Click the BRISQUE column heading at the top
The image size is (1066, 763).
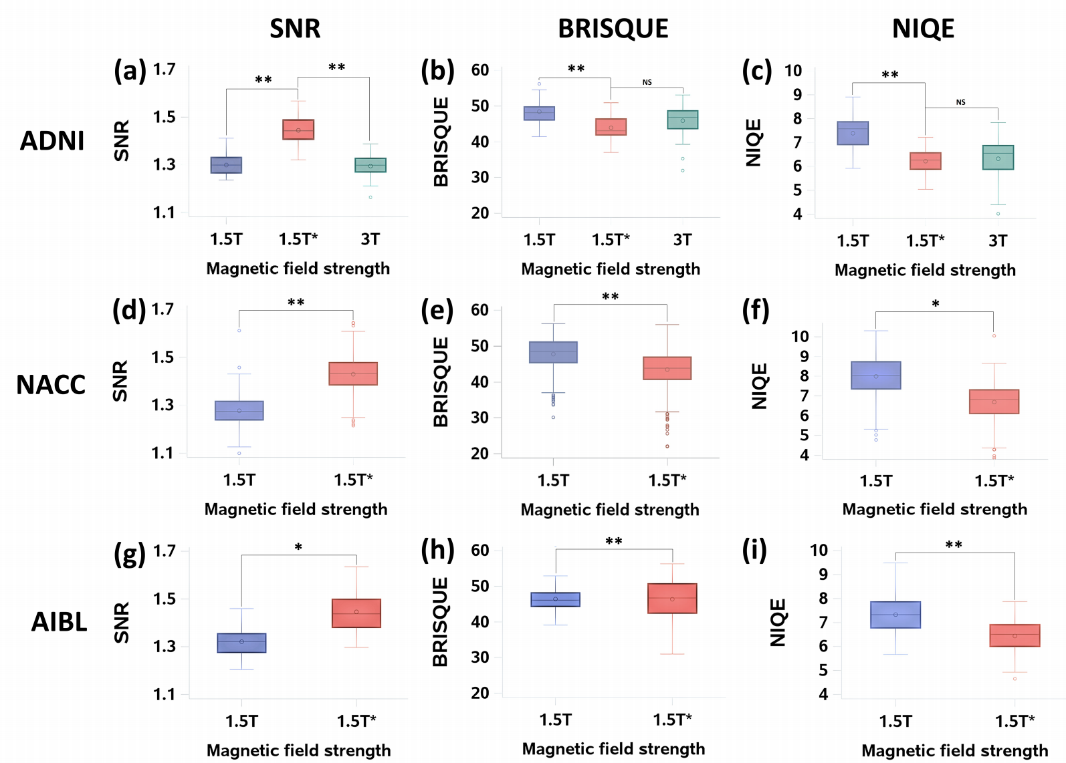pyautogui.click(x=613, y=29)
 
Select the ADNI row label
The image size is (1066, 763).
pyautogui.click(x=52, y=141)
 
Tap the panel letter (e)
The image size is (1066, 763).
pyautogui.click(x=437, y=311)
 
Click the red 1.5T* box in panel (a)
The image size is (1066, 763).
pyautogui.click(x=298, y=130)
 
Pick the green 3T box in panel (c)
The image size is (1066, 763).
pyautogui.click(x=998, y=157)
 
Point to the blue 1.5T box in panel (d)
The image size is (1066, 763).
pyautogui.click(x=239, y=410)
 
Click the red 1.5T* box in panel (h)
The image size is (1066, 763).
pyautogui.click(x=672, y=598)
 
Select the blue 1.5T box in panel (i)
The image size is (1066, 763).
pyautogui.click(x=895, y=615)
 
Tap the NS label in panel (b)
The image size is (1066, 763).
pyautogui.click(x=647, y=83)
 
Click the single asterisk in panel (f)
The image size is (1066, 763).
pyautogui.click(x=936, y=305)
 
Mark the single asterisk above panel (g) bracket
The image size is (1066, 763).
pyautogui.click(x=298, y=548)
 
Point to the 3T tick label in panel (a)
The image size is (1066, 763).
pyautogui.click(x=370, y=239)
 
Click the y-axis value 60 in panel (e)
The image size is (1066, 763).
pyautogui.click(x=479, y=310)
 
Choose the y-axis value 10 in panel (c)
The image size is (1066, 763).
pyautogui.click(x=792, y=71)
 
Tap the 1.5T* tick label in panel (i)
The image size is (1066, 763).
pyautogui.click(x=1015, y=721)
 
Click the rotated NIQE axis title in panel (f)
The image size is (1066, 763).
pyautogui.click(x=759, y=386)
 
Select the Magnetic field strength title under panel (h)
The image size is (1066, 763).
pyautogui.click(x=613, y=749)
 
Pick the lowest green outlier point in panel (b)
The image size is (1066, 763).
pyautogui.click(x=683, y=170)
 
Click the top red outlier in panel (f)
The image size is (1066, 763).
pyautogui.click(x=994, y=335)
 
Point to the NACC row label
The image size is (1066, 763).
pyautogui.click(x=51, y=385)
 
